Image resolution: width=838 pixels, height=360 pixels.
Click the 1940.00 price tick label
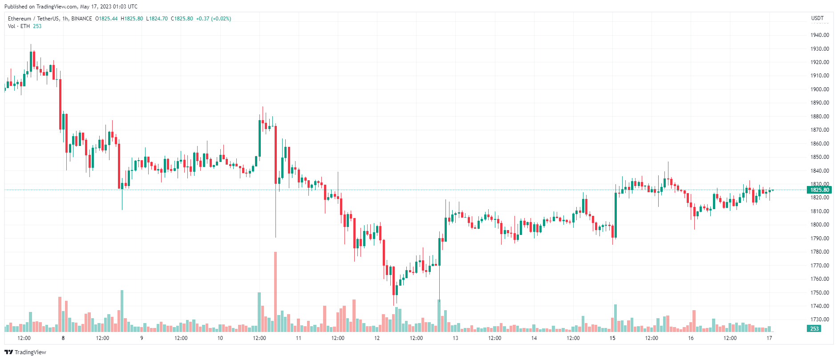[x=819, y=35]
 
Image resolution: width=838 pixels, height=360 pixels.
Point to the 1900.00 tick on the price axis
[x=819, y=89]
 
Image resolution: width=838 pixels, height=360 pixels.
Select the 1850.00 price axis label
[x=819, y=157]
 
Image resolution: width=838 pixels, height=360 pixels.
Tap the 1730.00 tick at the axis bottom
[x=819, y=320]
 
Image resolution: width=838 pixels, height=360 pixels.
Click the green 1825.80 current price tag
[x=819, y=190]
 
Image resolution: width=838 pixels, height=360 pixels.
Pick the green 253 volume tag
[x=814, y=329]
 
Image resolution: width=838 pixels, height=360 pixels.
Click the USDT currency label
[x=817, y=18]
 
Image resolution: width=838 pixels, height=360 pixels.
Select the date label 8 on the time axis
[x=63, y=338]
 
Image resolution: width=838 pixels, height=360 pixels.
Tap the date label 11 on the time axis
[x=299, y=338]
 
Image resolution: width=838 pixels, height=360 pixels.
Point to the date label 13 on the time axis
[x=455, y=338]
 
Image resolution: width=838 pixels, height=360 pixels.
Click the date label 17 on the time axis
[x=769, y=338]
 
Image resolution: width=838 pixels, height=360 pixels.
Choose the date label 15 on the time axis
[x=612, y=338]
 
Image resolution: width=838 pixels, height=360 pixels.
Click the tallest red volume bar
[x=275, y=291]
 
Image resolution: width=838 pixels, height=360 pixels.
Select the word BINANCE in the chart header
[x=81, y=19]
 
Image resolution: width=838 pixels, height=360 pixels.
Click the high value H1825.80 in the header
[x=132, y=19]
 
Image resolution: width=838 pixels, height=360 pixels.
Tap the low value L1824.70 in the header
[x=157, y=19]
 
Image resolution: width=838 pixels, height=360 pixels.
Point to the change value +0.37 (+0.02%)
[x=214, y=19]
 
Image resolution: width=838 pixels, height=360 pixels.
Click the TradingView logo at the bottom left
[x=25, y=352]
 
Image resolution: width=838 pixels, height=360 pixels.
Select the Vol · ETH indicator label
[x=19, y=26]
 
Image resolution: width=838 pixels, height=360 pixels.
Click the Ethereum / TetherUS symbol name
[x=33, y=19]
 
